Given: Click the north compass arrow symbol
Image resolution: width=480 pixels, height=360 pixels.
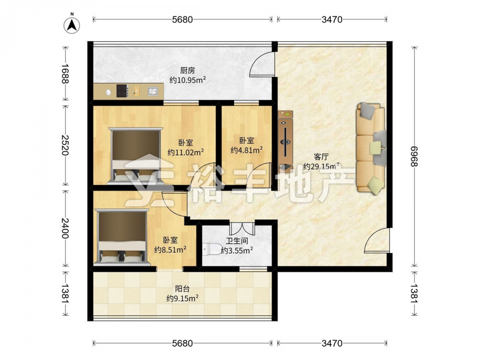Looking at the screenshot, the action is (72, 24).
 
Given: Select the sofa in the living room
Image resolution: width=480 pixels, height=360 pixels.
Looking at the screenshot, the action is (371, 148).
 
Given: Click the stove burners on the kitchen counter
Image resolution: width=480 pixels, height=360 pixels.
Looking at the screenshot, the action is (122, 91).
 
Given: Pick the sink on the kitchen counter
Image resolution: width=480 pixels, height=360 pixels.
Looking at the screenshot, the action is (153, 91).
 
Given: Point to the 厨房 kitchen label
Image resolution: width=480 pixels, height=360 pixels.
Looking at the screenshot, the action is (187, 71).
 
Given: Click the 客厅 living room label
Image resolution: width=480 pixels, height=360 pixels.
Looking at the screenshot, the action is (321, 157).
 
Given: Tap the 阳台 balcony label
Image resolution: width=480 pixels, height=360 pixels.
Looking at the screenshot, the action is (182, 288).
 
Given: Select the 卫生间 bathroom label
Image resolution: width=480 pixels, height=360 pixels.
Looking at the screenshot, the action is (237, 241).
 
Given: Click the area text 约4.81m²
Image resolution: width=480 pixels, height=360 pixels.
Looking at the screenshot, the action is (246, 150).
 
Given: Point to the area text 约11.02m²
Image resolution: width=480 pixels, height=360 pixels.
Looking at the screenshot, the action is (186, 152).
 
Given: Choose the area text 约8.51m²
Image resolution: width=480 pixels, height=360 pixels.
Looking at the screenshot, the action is (170, 250).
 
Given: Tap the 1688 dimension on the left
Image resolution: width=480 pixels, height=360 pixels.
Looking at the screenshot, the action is (65, 73).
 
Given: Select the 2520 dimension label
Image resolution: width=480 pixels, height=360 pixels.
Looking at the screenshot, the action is (65, 145).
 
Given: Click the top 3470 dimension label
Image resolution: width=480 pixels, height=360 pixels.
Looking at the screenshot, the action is (332, 20).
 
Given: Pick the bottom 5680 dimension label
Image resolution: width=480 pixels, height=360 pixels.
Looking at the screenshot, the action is (182, 343).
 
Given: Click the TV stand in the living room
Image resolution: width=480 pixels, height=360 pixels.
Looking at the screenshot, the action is (285, 141).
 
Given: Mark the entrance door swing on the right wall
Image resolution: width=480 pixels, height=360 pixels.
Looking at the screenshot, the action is (377, 240).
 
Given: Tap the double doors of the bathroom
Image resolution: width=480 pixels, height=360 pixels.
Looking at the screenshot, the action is (242, 228).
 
